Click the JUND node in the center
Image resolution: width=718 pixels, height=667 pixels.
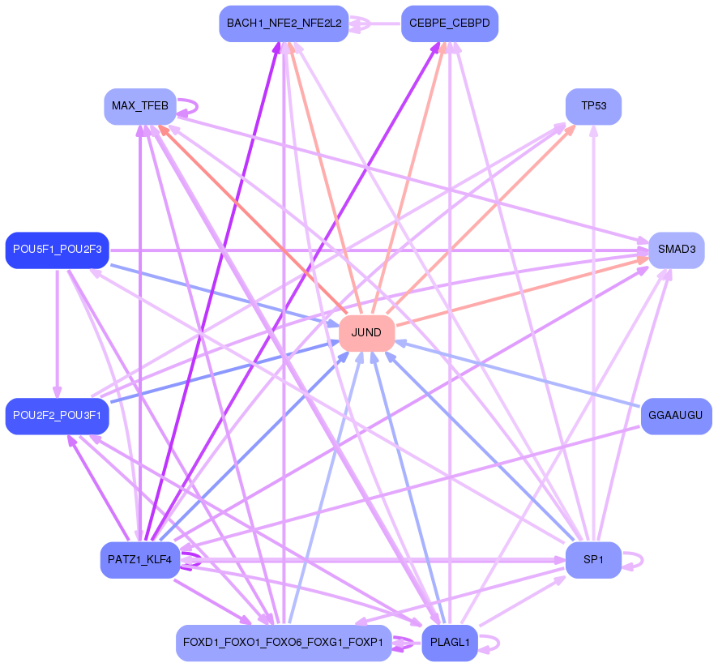pyautogui.click(x=366, y=333)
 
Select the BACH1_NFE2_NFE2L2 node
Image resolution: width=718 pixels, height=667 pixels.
pyautogui.click(x=284, y=23)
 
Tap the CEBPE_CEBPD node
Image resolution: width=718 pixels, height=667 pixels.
pyautogui.click(x=450, y=23)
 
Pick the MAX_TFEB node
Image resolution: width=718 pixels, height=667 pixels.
pyautogui.click(x=140, y=106)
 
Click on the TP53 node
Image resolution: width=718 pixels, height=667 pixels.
pyautogui.click(x=593, y=106)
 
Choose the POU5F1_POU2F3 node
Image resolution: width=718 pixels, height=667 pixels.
pyautogui.click(x=57, y=250)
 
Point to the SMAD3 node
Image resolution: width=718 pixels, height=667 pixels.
pyautogui.click(x=676, y=250)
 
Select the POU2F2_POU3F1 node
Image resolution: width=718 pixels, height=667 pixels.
pyautogui.click(x=57, y=416)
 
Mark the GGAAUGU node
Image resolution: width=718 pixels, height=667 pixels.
pyautogui.click(x=676, y=416)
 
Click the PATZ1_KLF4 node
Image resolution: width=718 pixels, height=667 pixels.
pyautogui.click(x=140, y=560)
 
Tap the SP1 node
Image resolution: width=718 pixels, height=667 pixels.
pyautogui.click(x=593, y=560)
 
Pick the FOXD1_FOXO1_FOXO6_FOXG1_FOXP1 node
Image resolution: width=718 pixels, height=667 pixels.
pyautogui.click(x=284, y=643)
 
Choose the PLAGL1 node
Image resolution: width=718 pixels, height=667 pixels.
pyautogui.click(x=450, y=643)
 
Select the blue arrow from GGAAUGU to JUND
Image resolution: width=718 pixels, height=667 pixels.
pyautogui.click(x=519, y=374)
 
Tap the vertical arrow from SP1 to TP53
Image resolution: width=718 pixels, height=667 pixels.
pyautogui.click(x=593, y=324)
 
